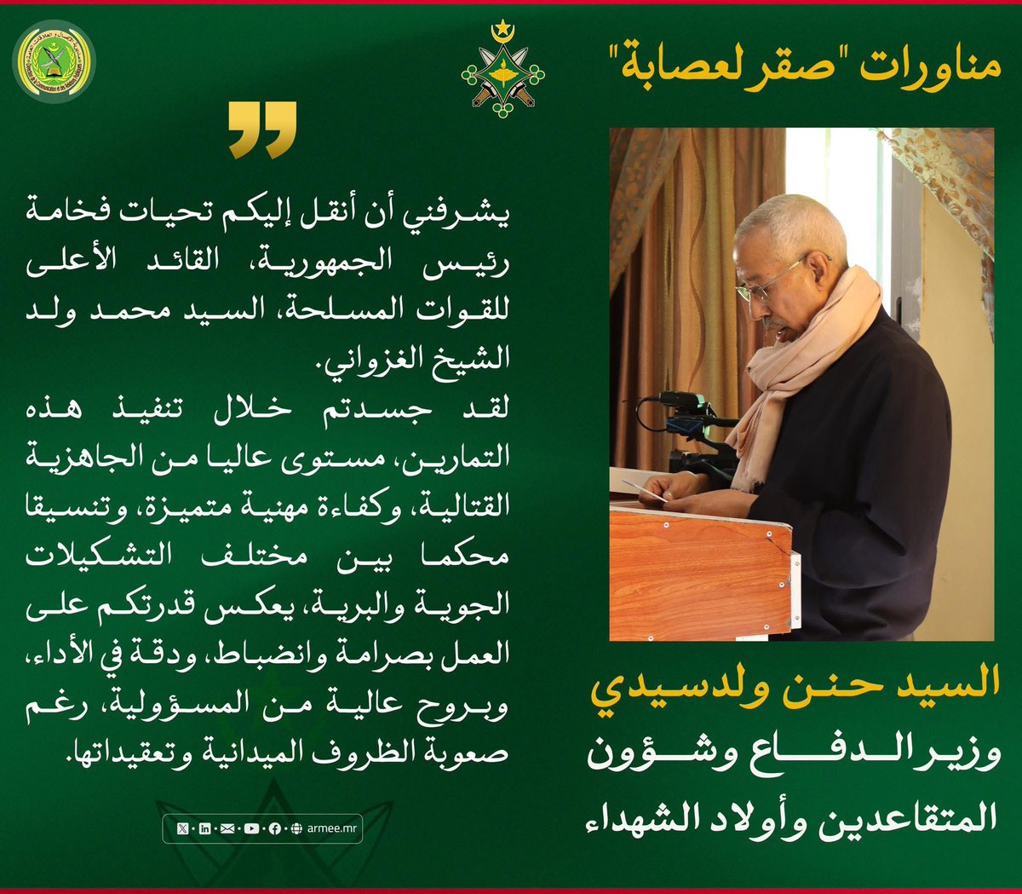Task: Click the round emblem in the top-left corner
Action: pyautogui.click(x=54, y=61)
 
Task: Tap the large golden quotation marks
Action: pyautogui.click(x=263, y=130)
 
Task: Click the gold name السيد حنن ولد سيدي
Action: pyautogui.click(x=795, y=684)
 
